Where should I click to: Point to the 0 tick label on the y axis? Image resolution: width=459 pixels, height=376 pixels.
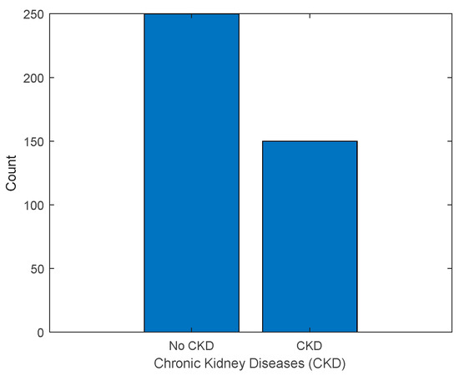38,333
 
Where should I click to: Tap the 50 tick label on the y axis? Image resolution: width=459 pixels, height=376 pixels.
36,268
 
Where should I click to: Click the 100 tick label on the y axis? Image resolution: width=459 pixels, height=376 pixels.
33,205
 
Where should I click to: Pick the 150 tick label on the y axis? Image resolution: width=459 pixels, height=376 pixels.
33,141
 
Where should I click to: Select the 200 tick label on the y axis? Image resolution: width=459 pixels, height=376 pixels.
33,78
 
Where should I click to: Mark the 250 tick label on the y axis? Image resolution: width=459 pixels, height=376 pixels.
33,14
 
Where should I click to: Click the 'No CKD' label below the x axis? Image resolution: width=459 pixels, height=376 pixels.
191,345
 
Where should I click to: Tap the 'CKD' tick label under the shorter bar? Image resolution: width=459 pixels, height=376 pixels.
310,345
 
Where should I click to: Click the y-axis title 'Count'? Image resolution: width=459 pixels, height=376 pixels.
11,173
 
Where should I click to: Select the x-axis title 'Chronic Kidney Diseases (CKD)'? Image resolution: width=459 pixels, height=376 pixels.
250,363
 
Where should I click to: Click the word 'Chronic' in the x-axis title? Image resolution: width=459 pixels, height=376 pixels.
176,363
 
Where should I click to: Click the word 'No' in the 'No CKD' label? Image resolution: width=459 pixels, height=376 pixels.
176,345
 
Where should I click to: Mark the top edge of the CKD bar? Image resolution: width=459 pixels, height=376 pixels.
310,141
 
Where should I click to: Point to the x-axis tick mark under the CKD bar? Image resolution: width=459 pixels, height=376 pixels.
310,331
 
